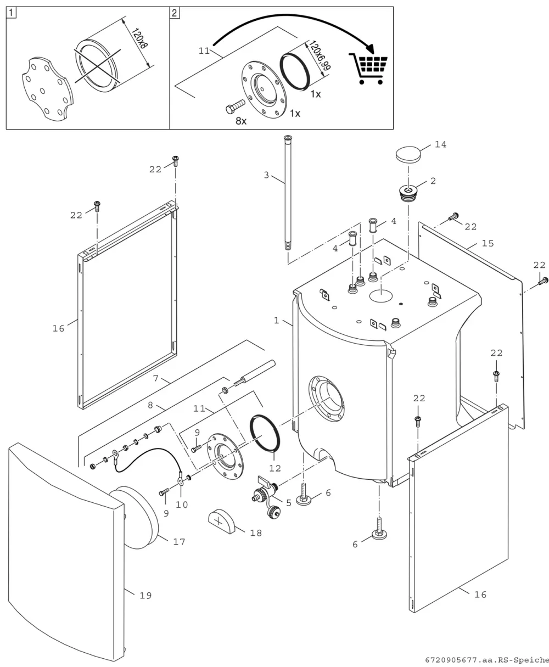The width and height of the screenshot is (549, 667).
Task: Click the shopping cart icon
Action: [368, 69]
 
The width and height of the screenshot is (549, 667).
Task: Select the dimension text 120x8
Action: [139, 38]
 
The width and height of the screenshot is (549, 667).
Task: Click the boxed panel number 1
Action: [12, 13]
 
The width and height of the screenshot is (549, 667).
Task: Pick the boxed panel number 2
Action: [175, 13]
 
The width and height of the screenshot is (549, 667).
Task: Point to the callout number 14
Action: [440, 144]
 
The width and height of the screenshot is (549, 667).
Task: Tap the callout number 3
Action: [266, 175]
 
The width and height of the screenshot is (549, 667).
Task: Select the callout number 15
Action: [488, 243]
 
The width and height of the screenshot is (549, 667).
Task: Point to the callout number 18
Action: [256, 533]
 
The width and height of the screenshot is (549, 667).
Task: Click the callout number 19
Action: [145, 595]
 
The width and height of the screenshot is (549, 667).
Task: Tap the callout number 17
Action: [179, 541]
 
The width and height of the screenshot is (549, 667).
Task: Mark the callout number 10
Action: [182, 505]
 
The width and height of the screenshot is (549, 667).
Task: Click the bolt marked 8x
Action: [236, 107]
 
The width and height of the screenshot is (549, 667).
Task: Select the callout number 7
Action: [155, 378]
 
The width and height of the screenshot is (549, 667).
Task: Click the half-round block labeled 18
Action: [222, 521]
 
